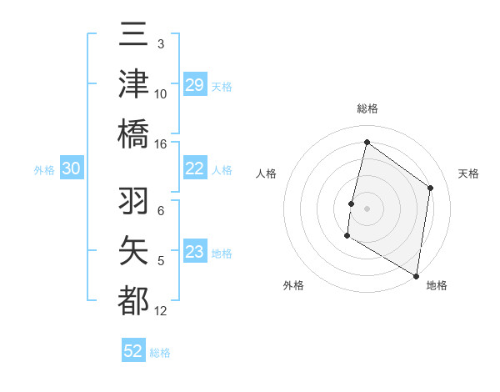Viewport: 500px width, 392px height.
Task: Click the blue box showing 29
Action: point(195,85)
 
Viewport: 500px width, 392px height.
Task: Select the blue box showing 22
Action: point(195,169)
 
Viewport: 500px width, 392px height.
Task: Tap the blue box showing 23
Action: point(195,253)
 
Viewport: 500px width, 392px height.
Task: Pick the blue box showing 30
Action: point(71,169)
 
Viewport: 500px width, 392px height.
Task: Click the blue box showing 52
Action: point(133,351)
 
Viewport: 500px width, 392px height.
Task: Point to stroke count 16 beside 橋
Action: point(161,143)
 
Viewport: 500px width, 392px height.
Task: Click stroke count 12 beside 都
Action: point(161,311)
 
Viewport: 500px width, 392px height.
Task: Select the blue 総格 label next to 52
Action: point(160,353)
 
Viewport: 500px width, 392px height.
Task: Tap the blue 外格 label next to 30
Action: point(44,170)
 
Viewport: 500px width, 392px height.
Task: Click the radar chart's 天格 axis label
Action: point(468,173)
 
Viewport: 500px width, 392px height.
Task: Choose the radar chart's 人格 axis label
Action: point(266,173)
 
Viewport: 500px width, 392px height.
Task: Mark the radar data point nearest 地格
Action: point(416,275)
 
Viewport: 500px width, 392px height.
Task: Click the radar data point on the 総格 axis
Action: point(367,143)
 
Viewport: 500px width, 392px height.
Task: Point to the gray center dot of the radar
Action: point(367,209)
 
